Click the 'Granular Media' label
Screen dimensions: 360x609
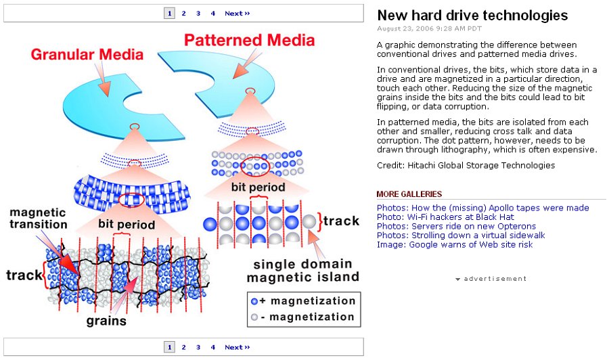click(x=87, y=54)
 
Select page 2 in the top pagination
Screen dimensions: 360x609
click(x=183, y=13)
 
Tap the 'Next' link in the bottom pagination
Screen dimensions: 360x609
click(x=237, y=347)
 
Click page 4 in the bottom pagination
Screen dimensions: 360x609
click(x=212, y=347)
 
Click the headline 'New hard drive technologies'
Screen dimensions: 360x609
click(x=472, y=16)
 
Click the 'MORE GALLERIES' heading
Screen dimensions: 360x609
click(x=409, y=194)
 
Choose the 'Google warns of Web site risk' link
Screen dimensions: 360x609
click(x=455, y=244)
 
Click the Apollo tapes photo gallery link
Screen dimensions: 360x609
click(x=482, y=207)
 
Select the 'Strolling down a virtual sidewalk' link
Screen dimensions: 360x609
click(x=461, y=235)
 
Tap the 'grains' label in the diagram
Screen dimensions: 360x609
click(x=106, y=321)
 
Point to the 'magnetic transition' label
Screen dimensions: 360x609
click(x=38, y=218)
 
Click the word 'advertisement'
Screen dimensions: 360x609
click(x=495, y=278)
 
